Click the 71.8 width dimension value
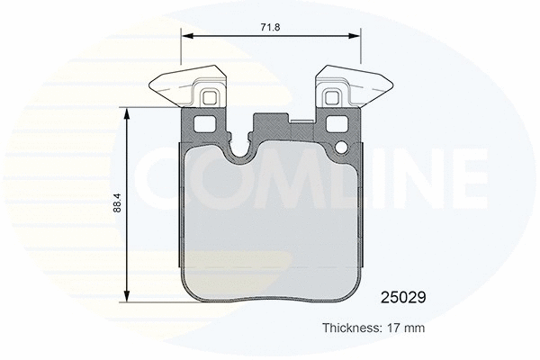coord(271,28)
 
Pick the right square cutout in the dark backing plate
coord(339,124)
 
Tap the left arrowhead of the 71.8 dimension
coord(186,37)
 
